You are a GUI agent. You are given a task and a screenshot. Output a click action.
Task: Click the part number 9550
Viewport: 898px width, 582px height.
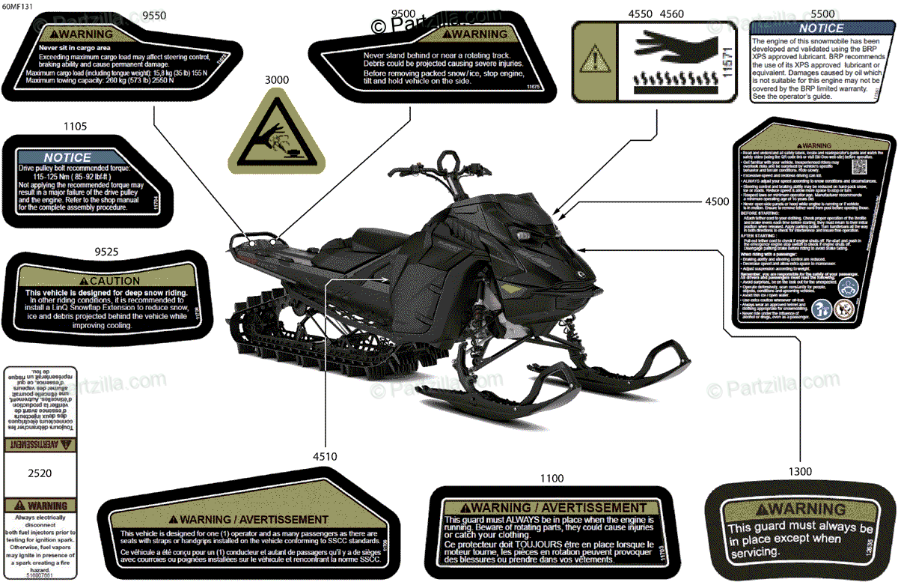click(x=154, y=15)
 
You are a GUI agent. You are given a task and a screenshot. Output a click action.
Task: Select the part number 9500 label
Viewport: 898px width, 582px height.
click(x=403, y=14)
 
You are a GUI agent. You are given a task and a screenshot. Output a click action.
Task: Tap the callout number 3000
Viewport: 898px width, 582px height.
click(x=275, y=79)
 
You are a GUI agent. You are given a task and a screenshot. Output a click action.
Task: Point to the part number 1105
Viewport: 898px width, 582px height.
click(x=76, y=127)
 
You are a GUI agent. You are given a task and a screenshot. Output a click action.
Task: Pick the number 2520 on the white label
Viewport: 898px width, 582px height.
click(x=40, y=473)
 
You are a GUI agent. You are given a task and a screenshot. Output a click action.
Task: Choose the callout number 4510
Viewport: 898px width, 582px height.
click(x=325, y=456)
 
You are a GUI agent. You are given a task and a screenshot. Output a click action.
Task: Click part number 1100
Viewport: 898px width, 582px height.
click(x=552, y=478)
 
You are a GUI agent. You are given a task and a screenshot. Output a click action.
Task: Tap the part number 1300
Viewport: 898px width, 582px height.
click(x=800, y=471)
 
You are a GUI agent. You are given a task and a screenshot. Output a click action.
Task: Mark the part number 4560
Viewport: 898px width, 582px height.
click(x=671, y=14)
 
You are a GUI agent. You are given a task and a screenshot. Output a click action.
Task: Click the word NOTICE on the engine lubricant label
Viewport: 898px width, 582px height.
click(x=821, y=28)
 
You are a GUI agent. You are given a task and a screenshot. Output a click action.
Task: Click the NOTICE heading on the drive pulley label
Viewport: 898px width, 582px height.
click(x=67, y=157)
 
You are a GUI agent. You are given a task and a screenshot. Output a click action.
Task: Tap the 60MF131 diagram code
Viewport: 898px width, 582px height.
click(x=18, y=5)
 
